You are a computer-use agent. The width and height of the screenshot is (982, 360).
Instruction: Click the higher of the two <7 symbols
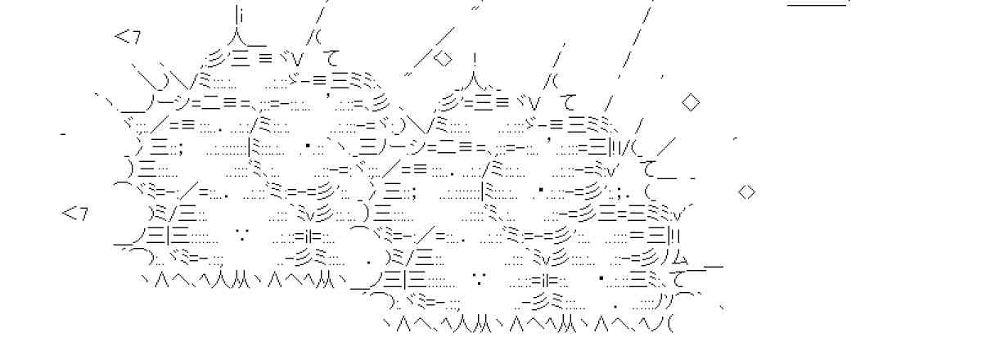pos(127,36)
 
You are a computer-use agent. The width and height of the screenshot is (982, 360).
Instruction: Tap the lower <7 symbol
pos(74,214)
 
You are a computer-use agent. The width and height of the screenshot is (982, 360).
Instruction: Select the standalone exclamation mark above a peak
pos(475,59)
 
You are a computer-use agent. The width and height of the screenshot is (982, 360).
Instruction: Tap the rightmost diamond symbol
pos(746,192)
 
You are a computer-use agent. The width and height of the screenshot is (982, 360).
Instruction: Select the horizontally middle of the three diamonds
pos(691,103)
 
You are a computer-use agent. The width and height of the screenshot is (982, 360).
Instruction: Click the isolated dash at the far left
pos(63,131)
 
